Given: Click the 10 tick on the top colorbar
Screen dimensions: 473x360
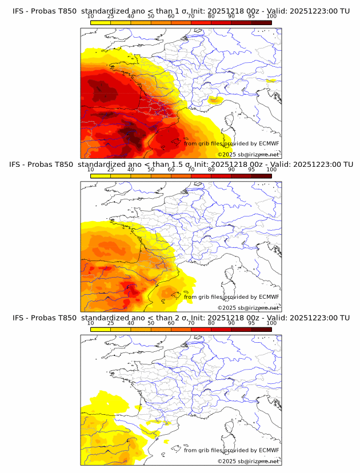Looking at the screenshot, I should pos(91,17).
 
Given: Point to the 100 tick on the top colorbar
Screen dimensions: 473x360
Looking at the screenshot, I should pos(271,17).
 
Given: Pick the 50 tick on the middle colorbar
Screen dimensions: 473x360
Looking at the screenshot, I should pos(151,170).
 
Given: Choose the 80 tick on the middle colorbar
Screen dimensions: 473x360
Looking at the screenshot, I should pos(211,170).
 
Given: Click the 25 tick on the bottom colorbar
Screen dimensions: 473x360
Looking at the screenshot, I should pos(111,323).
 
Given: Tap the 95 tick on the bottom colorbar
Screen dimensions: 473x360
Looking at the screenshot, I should pos(251,323).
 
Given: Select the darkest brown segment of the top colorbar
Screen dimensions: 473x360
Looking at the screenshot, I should pos(261,22).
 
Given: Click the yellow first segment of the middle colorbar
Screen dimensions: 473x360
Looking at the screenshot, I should pos(101,175).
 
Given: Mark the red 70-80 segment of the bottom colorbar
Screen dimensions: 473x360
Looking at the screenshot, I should pos(201,330).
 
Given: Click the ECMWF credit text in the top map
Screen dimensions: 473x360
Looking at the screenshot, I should pos(231,143).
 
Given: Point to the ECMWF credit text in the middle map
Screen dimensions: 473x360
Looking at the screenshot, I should pos(231,296).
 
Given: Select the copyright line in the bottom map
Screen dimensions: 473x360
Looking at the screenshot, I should pos(248,461).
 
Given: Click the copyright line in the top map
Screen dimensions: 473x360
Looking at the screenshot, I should pos(248,154).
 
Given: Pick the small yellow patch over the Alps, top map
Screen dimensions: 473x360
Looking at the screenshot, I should pos(215,101).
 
